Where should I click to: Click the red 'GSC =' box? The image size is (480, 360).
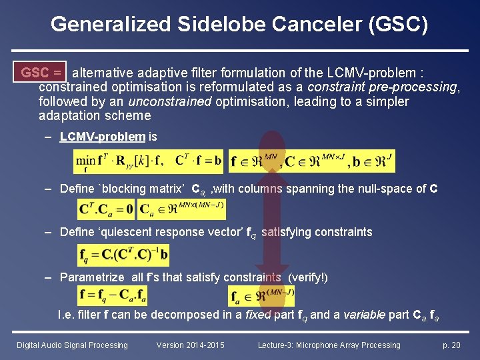[41, 72]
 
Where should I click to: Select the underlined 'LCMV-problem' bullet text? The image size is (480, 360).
[102, 137]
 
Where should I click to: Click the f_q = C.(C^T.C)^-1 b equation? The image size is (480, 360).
[123, 254]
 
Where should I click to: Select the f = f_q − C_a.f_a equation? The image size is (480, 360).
[113, 294]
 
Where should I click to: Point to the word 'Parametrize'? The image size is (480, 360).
[92, 277]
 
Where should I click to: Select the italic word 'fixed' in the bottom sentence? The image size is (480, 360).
[255, 315]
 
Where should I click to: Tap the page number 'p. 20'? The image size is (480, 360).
[451, 345]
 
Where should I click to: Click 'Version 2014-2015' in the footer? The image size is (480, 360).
[191, 345]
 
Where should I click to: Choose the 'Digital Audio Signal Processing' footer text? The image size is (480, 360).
[72, 345]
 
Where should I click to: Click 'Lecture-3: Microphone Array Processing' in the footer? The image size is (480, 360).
[329, 345]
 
